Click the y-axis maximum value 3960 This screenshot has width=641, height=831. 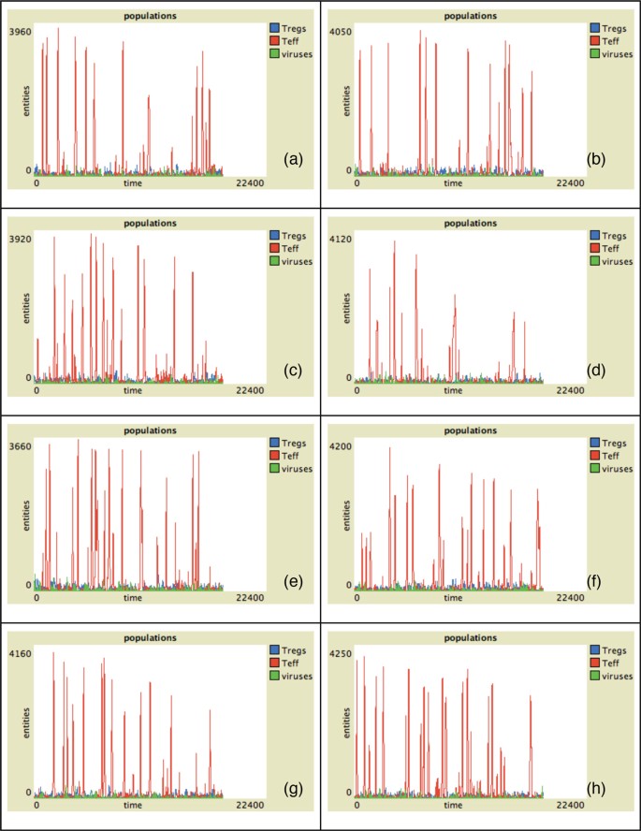pyautogui.click(x=21, y=31)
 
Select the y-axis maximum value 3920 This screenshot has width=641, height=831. pyautogui.click(x=21, y=239)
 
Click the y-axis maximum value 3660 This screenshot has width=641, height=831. pyautogui.click(x=21, y=446)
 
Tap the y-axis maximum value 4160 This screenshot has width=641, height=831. pyautogui.click(x=21, y=653)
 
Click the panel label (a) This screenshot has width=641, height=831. pyautogui.click(x=294, y=160)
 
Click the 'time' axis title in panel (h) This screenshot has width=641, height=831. pyautogui.click(x=453, y=805)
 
